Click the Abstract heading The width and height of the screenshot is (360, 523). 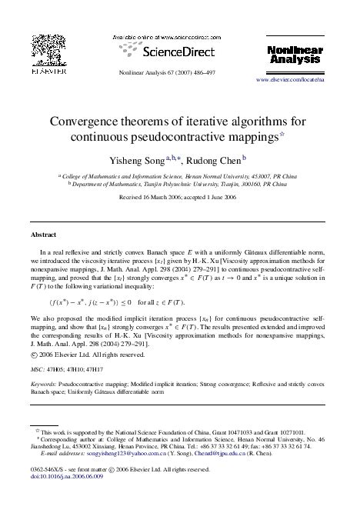(42, 234)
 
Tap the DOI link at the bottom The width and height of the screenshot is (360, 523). (62, 476)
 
